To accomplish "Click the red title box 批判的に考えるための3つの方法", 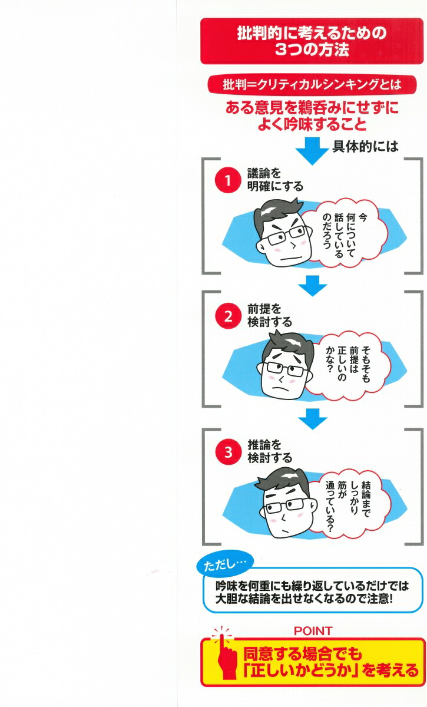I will pyautogui.click(x=312, y=41).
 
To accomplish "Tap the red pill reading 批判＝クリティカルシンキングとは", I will pyautogui.click(x=312, y=84).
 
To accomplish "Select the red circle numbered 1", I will pyautogui.click(x=225, y=180).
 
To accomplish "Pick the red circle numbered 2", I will pyautogui.click(x=225, y=316).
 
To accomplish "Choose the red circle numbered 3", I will pyautogui.click(x=225, y=452).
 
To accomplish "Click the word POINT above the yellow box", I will pyautogui.click(x=312, y=631).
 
